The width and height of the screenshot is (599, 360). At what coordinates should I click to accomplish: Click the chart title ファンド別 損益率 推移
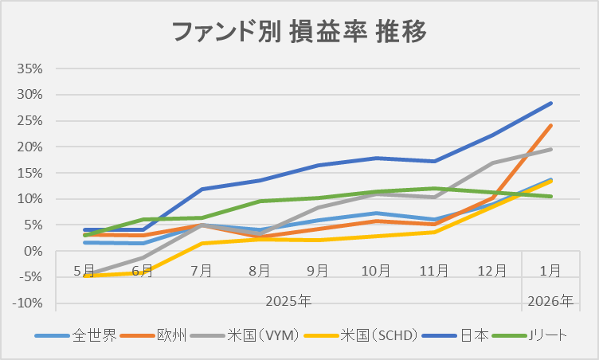pyautogui.click(x=299, y=33)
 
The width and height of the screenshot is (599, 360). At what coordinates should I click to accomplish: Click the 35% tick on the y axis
pyautogui.click(x=29, y=68)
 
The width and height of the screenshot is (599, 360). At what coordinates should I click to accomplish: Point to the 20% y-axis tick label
pyautogui.click(x=29, y=147)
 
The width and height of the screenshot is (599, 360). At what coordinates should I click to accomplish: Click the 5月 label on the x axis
pyautogui.click(x=84, y=270)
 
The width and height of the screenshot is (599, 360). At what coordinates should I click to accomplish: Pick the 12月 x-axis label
pyautogui.click(x=492, y=270)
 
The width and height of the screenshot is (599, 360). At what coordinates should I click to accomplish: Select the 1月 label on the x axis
pyautogui.click(x=550, y=270)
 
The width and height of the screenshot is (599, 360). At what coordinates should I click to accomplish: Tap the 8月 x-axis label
pyautogui.click(x=259, y=270)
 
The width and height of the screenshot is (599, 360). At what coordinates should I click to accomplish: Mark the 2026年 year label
pyautogui.click(x=550, y=302)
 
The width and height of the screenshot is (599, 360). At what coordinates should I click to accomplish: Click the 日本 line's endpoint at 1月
pyautogui.click(x=550, y=103)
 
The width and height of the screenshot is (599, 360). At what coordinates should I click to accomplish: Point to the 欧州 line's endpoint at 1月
pyautogui.click(x=550, y=125)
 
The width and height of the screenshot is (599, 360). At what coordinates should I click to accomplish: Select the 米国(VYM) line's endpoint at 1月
pyautogui.click(x=550, y=149)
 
